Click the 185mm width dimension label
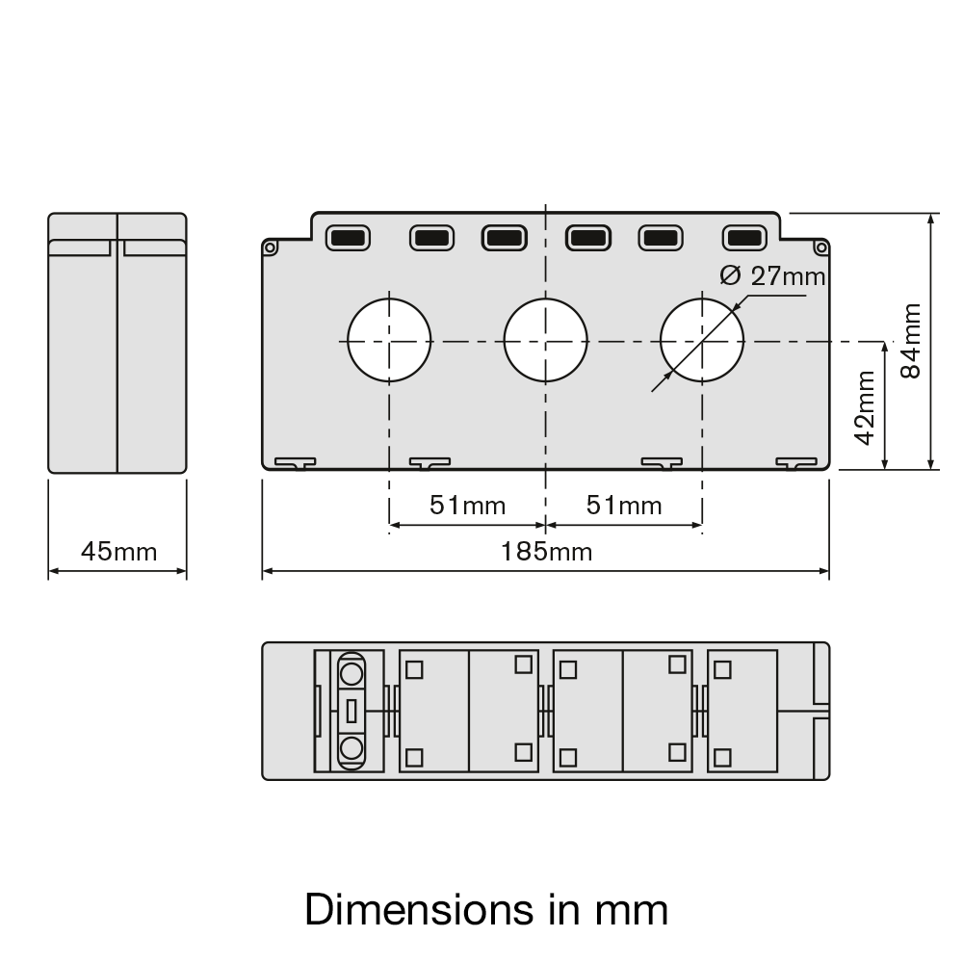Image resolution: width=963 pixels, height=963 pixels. coord(546,552)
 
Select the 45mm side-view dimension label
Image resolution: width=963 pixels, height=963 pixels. coord(118,552)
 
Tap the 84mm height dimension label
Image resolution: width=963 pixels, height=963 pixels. coord(911,341)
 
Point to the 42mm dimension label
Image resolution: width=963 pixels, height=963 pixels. coord(866,407)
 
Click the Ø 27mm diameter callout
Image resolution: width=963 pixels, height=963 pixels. coord(773,276)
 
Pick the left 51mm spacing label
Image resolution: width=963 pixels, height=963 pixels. coord(467,506)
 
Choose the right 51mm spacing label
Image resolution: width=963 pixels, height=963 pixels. coord(624,506)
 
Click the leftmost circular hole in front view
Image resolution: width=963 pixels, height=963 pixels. coord(389,341)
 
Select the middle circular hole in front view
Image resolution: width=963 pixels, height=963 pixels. coord(546,341)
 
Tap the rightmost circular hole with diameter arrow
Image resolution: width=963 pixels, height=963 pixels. coord(702,341)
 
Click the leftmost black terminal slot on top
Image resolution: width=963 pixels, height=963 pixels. coord(348,237)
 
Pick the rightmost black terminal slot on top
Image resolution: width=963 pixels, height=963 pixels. coord(742,237)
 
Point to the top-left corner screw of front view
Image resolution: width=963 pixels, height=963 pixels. coord(271,248)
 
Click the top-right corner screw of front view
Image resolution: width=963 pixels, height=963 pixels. coord(820,248)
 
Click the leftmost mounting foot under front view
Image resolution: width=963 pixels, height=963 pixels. coord(295,464)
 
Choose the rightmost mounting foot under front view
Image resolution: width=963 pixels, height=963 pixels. coord(796,464)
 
